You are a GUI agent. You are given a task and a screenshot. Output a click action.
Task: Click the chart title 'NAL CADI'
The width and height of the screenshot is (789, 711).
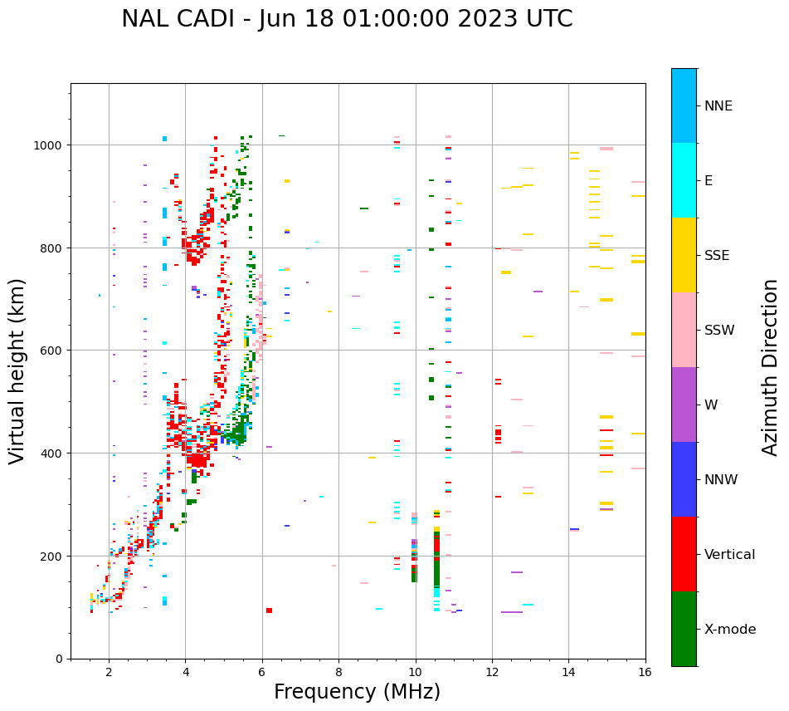coord(175,19)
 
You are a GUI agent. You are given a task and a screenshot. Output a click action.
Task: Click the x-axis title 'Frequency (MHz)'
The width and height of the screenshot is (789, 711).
coord(357,692)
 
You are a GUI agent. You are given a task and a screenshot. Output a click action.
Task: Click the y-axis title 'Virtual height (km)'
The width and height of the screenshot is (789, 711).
coord(17,370)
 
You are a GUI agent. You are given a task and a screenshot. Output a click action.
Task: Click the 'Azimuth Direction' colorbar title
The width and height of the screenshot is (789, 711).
coord(771,366)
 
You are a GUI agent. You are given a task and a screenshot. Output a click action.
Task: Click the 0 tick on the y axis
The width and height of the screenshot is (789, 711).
coord(59,659)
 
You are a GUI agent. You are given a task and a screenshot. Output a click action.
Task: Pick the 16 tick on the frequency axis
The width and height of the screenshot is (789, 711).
coord(645,673)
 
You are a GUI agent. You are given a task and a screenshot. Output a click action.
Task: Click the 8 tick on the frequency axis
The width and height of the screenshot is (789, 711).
coord(338,673)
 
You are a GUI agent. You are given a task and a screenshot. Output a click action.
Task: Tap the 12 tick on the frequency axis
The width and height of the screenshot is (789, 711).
coord(492,673)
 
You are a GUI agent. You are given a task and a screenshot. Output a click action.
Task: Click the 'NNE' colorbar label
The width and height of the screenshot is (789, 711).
coord(718,105)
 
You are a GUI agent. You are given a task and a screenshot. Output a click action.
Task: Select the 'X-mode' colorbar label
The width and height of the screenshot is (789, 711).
coord(730,629)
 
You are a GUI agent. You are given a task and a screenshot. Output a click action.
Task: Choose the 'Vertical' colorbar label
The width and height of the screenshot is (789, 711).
coord(729,554)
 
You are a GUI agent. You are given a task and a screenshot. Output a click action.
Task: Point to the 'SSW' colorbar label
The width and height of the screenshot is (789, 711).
coord(719,330)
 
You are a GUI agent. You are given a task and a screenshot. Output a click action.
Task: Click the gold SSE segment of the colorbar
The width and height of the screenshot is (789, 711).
coord(684,255)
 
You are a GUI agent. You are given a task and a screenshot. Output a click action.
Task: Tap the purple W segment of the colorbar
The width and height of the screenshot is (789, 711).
coord(684,405)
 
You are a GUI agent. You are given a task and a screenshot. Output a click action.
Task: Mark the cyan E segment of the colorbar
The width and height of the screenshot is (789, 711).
coord(684,180)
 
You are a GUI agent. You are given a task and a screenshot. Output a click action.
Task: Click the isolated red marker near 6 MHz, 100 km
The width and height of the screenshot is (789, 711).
coord(269,610)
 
